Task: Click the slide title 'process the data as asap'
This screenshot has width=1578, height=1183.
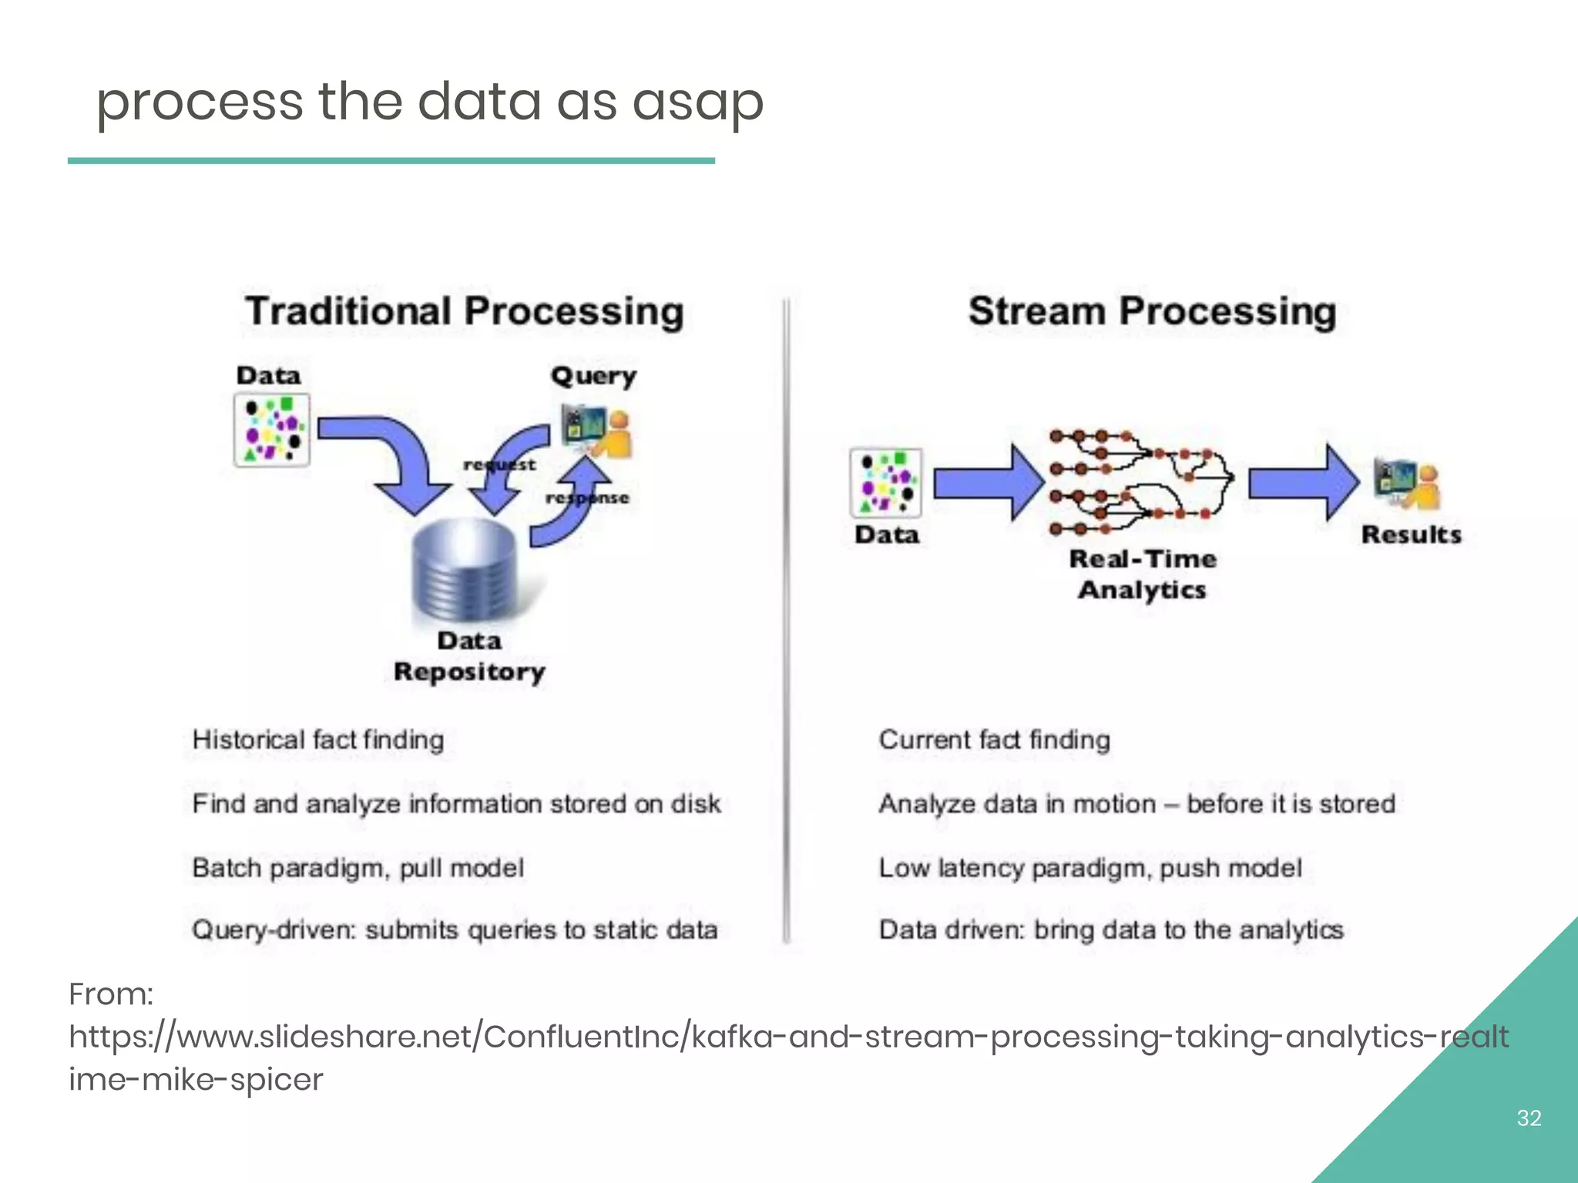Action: pos(429,102)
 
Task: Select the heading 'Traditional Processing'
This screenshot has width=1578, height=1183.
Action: pos(465,312)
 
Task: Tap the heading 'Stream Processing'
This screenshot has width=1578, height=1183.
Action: pos(1152,312)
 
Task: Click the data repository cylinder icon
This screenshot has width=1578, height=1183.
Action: pos(465,570)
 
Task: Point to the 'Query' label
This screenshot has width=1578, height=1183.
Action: pos(593,377)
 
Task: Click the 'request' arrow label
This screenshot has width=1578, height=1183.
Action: pos(499,465)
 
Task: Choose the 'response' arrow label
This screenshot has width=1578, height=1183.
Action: pos(587,498)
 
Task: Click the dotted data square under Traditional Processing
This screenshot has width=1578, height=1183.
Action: pos(272,430)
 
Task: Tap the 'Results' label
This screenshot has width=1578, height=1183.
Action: pos(1411,535)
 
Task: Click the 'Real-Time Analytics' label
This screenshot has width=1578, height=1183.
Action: pos(1143,575)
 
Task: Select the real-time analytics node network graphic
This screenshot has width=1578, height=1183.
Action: pos(1140,483)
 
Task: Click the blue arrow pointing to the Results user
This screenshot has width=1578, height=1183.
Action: pos(1303,483)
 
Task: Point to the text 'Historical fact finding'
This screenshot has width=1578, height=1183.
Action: pos(318,740)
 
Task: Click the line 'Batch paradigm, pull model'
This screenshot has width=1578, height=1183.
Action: pos(358,868)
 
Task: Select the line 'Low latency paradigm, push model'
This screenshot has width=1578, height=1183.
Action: pos(1090,868)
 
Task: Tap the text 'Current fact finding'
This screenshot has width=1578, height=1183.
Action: pos(994,740)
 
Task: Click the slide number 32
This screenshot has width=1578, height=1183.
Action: pos(1529,1118)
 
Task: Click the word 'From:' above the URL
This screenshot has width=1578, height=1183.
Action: pos(111,994)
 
